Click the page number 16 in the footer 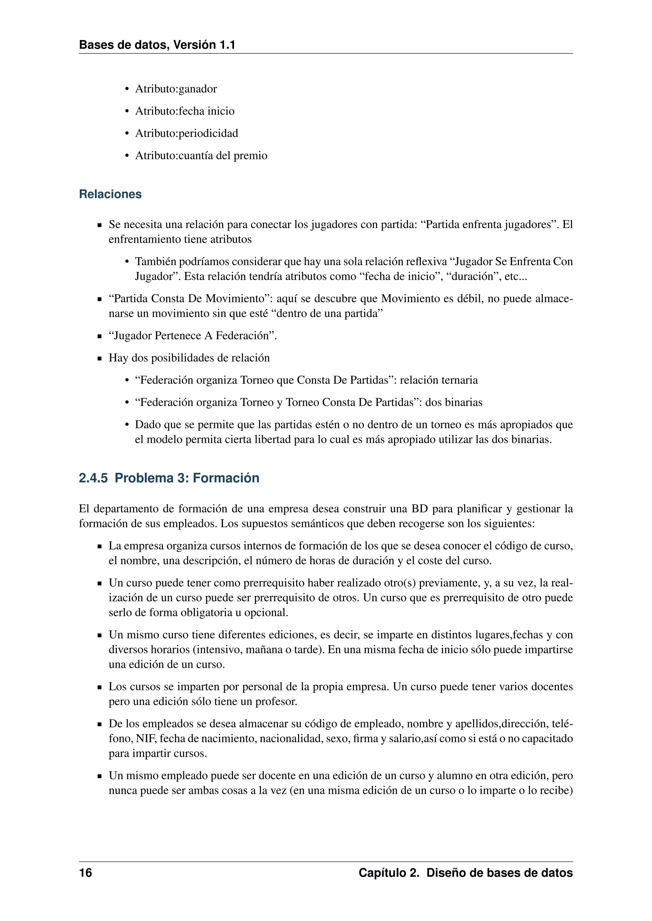[x=86, y=873]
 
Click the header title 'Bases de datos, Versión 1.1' [x=157, y=45]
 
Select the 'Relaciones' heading [x=110, y=194]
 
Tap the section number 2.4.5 [x=93, y=478]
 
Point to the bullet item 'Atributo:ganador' [x=176, y=89]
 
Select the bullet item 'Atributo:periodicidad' [x=186, y=133]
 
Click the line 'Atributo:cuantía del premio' [x=201, y=156]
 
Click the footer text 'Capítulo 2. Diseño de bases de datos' [x=465, y=873]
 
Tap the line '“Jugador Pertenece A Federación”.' [x=193, y=336]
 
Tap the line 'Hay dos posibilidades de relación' [x=189, y=358]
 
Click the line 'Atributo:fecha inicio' [x=185, y=111]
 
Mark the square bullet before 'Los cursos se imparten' [x=100, y=688]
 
